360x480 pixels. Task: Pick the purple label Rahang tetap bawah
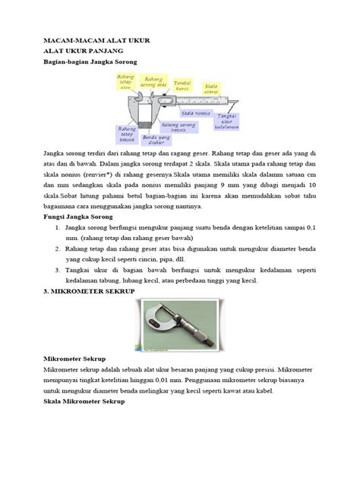click(x=126, y=135)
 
